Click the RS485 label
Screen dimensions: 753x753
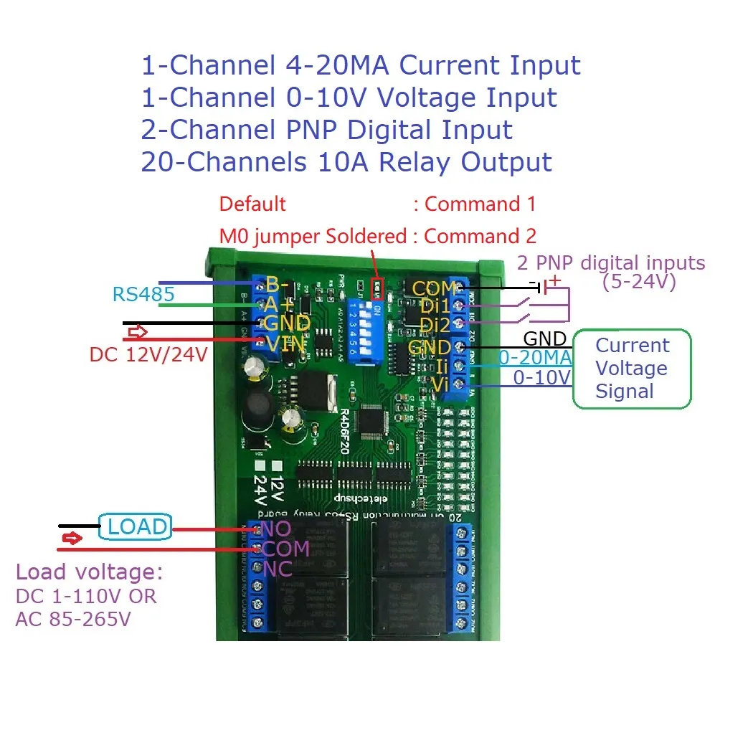coord(143,295)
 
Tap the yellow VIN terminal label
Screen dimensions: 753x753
coord(286,344)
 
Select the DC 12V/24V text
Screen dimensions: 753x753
coord(148,355)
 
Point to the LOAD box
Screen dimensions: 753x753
coord(136,527)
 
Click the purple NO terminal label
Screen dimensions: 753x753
coord(275,529)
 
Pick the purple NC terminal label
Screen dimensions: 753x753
coord(277,569)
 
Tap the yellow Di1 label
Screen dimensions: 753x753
coord(434,307)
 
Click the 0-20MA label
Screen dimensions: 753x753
coord(535,357)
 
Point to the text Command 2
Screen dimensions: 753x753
coord(480,236)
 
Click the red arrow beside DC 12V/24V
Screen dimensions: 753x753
coord(137,333)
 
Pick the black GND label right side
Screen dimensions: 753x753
coord(545,338)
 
